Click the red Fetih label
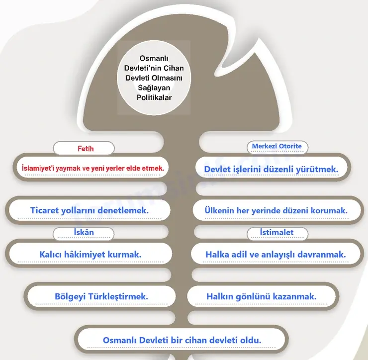(86, 149)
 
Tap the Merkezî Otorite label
(276, 146)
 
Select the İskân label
(84, 232)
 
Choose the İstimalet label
(276, 232)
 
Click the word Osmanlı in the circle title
(154, 58)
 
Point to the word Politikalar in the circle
(154, 97)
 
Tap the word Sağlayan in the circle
(154, 88)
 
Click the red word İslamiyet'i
(38, 168)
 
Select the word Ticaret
(45, 210)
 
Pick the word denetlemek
(123, 210)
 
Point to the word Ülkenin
(219, 210)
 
